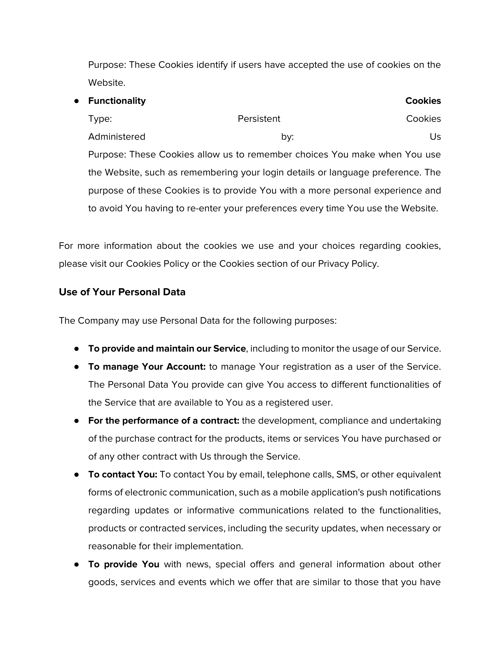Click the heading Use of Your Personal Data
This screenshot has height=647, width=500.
pos(122,292)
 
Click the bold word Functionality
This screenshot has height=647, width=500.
pos(117,101)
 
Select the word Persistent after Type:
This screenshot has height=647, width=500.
pos(259,119)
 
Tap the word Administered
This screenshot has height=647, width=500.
pos(117,136)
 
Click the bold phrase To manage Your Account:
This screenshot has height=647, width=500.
pos(147,367)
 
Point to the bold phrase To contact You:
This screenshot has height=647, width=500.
pos(123,474)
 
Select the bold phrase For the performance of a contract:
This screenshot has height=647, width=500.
pos(164,421)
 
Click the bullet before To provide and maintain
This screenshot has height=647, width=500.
pos(77,349)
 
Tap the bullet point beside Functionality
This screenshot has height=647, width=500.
pos(77,101)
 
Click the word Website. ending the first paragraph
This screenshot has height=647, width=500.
pos(107,83)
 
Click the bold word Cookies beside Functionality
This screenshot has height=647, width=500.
pos(423,101)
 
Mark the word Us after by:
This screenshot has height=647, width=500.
pos(435,136)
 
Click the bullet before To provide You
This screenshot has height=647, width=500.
pos(77,565)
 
